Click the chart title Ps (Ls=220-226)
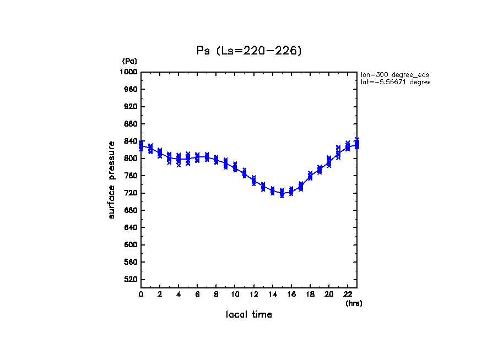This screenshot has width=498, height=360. tap(249, 51)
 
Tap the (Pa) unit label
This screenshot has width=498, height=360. tap(129, 61)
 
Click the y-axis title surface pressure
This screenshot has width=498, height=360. tap(112, 179)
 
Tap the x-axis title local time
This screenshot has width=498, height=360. tap(249, 315)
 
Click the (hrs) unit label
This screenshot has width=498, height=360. tap(354, 303)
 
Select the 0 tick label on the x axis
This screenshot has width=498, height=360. tap(141, 294)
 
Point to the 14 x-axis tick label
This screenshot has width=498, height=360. tap(272, 294)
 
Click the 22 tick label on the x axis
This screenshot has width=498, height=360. tap(348, 294)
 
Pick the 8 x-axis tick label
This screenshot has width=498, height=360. tap(216, 294)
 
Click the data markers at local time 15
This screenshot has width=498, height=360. tap(282, 193)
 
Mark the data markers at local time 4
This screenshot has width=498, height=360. tap(178, 160)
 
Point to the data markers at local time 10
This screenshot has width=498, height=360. tap(235, 167)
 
